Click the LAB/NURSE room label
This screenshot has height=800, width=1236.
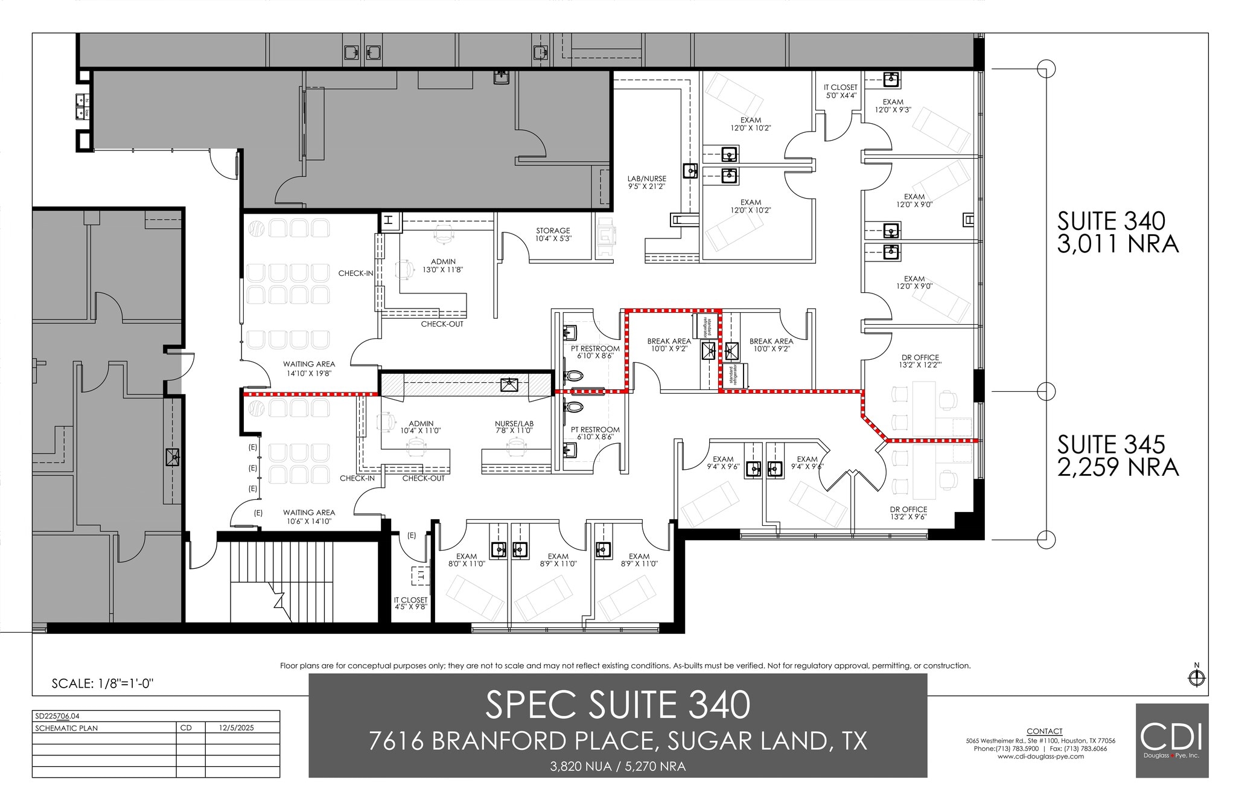(646, 182)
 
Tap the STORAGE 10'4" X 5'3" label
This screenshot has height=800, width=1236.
(553, 234)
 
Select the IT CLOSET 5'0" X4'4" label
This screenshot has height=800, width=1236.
(840, 91)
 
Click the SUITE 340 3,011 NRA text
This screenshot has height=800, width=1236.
(1117, 232)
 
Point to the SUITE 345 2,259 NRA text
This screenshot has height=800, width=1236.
(1117, 455)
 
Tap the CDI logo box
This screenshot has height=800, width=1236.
(1171, 740)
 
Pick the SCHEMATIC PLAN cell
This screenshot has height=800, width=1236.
(66, 728)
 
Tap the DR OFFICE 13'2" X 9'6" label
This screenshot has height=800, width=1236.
(908, 513)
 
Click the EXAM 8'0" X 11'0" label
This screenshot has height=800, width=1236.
(467, 560)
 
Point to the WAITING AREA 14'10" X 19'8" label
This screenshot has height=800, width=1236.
(308, 368)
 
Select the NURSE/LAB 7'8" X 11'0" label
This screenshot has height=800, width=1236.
(514, 427)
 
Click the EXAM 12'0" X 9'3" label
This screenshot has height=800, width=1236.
(893, 106)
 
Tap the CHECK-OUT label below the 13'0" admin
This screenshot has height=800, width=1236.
(442, 324)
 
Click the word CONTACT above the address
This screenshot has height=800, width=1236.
(1043, 731)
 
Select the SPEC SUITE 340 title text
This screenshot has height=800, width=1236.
(617, 705)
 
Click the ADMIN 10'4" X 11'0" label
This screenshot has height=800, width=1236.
(421, 427)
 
